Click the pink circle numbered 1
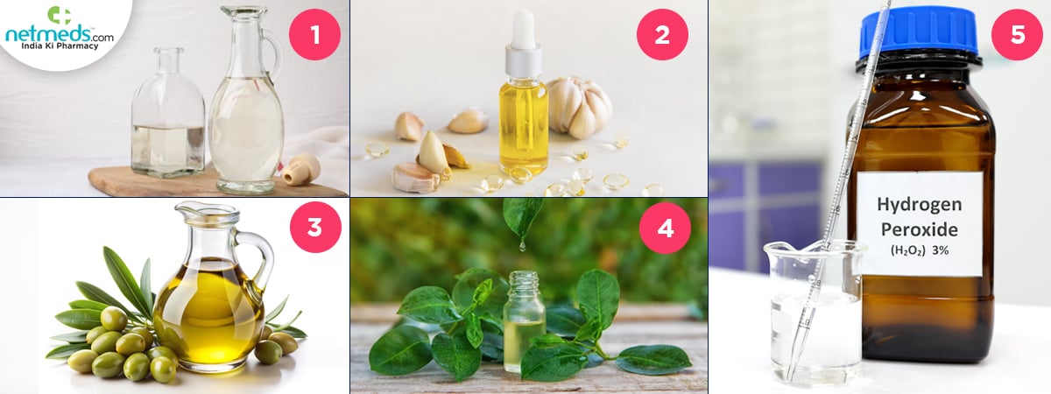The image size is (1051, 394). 314,34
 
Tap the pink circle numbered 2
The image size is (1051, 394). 662,34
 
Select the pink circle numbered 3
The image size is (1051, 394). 315,228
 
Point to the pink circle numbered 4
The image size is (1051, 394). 665,228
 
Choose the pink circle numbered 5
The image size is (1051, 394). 1017,34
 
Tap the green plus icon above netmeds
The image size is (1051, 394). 60,16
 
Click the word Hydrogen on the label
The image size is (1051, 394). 919,205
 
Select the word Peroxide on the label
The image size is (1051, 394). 919,229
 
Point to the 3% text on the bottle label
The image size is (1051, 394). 940,250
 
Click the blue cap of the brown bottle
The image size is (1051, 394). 919,34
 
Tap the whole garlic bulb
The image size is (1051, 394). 580,108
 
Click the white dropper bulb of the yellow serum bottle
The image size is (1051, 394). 523,29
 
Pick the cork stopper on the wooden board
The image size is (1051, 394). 301,170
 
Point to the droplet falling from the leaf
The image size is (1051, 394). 521,245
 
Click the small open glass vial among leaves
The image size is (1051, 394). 524,320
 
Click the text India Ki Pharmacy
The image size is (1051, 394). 60,46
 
